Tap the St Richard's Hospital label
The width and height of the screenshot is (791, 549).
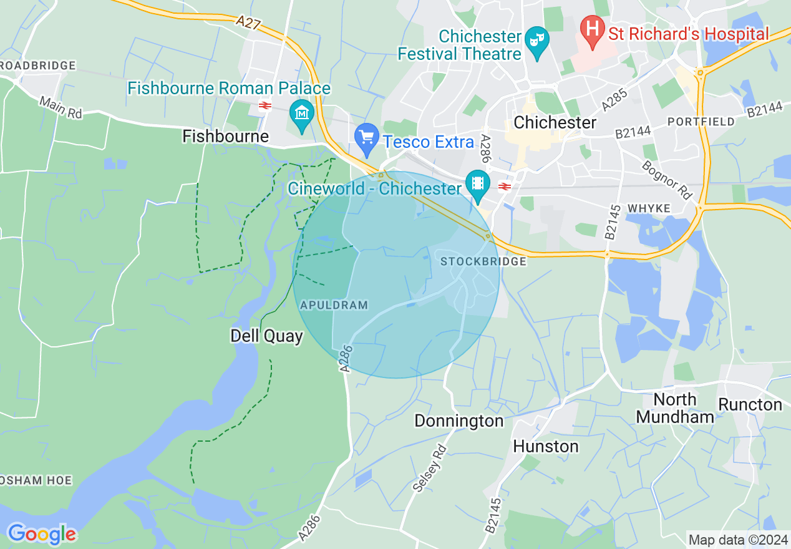tap(689, 34)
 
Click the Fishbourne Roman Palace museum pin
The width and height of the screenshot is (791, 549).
tap(302, 114)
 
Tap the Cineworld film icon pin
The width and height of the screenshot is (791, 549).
tap(478, 184)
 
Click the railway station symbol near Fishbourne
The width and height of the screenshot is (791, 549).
tap(264, 105)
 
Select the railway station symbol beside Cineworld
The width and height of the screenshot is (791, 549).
tap(505, 186)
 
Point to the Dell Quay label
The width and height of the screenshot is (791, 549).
tap(266, 336)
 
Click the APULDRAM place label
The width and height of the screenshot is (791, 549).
tap(334, 305)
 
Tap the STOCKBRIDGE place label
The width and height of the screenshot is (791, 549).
tap(483, 261)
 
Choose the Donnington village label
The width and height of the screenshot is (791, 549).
tap(459, 421)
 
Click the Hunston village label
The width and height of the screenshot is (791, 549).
tap(546, 446)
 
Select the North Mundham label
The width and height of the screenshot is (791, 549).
tap(676, 407)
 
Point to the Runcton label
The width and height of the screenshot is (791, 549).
tap(750, 404)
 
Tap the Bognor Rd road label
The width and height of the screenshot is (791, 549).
tap(667, 178)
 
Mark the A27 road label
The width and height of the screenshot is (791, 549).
tap(249, 23)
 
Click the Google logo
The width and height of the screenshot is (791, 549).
tap(42, 534)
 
